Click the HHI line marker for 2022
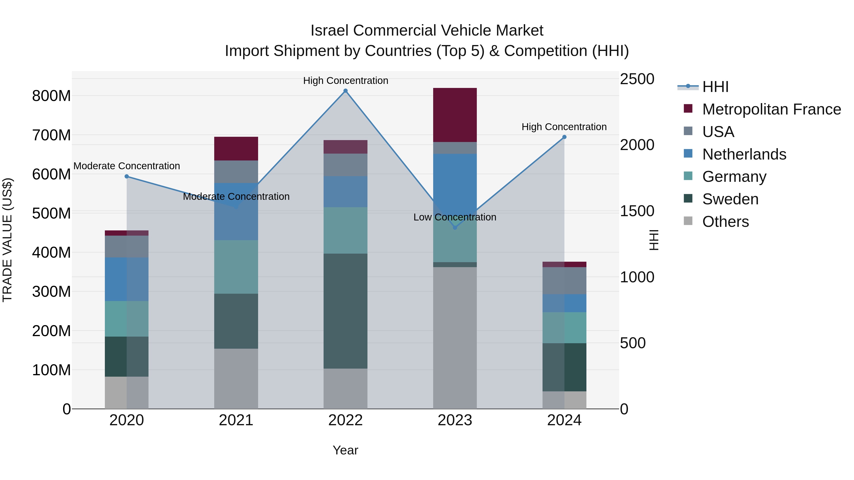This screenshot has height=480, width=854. pyautogui.click(x=345, y=91)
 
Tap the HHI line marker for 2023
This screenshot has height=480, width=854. pyautogui.click(x=455, y=228)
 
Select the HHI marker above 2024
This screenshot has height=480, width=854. pyautogui.click(x=564, y=137)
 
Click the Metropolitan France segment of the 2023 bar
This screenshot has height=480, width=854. pyautogui.click(x=455, y=115)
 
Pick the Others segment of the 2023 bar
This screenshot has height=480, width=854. pyautogui.click(x=455, y=338)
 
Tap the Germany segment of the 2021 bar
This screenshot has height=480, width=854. pyautogui.click(x=236, y=267)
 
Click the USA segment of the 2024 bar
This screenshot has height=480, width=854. pyautogui.click(x=564, y=281)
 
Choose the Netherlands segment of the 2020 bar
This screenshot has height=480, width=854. pyautogui.click(x=127, y=279)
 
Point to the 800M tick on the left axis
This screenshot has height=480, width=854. pyautogui.click(x=51, y=96)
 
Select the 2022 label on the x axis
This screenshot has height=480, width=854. pyautogui.click(x=345, y=420)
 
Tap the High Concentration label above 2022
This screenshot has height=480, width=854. pyautogui.click(x=345, y=81)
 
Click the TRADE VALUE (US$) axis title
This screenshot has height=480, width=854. pyautogui.click(x=7, y=240)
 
